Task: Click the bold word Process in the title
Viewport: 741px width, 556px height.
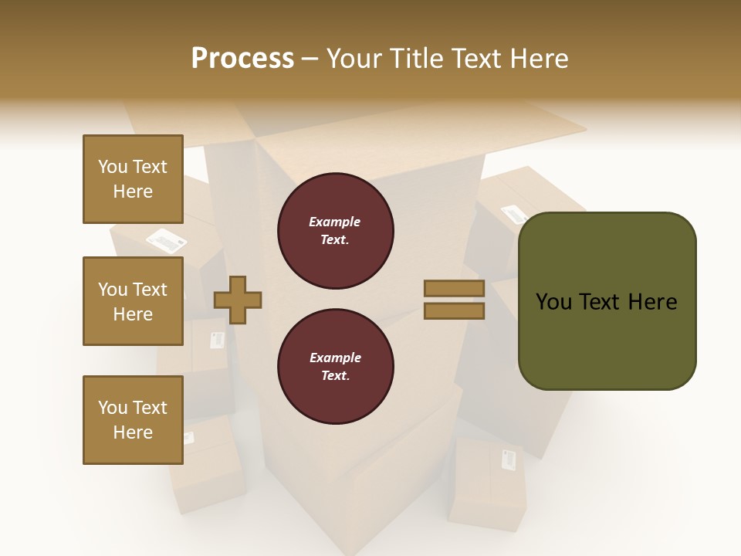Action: pyautogui.click(x=242, y=59)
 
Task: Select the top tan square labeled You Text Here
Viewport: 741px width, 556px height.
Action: pyautogui.click(x=133, y=179)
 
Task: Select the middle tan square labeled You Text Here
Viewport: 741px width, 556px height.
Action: pyautogui.click(x=133, y=301)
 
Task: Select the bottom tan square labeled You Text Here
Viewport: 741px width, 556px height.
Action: pyautogui.click(x=133, y=420)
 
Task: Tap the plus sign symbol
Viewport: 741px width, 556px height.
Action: pyautogui.click(x=238, y=300)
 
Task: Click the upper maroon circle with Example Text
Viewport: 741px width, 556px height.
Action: pyautogui.click(x=336, y=231)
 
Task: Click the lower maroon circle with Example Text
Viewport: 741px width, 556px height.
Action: pyautogui.click(x=336, y=366)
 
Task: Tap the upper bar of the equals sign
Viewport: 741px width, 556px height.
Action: pyautogui.click(x=454, y=289)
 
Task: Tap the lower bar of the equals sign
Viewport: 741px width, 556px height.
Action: pyautogui.click(x=454, y=311)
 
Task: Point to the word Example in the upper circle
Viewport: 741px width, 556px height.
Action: pyautogui.click(x=335, y=222)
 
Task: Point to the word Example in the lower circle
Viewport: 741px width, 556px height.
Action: pyautogui.click(x=335, y=358)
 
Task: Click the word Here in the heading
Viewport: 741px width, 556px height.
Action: pyautogui.click(x=536, y=59)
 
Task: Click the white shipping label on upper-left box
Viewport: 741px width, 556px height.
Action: pyautogui.click(x=167, y=241)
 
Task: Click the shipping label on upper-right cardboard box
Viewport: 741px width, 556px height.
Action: pyautogui.click(x=514, y=215)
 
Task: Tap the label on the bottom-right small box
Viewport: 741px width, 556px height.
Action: pyautogui.click(x=509, y=459)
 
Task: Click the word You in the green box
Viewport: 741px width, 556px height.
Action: pyautogui.click(x=553, y=302)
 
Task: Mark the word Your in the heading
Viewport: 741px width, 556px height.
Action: pyautogui.click(x=357, y=59)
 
